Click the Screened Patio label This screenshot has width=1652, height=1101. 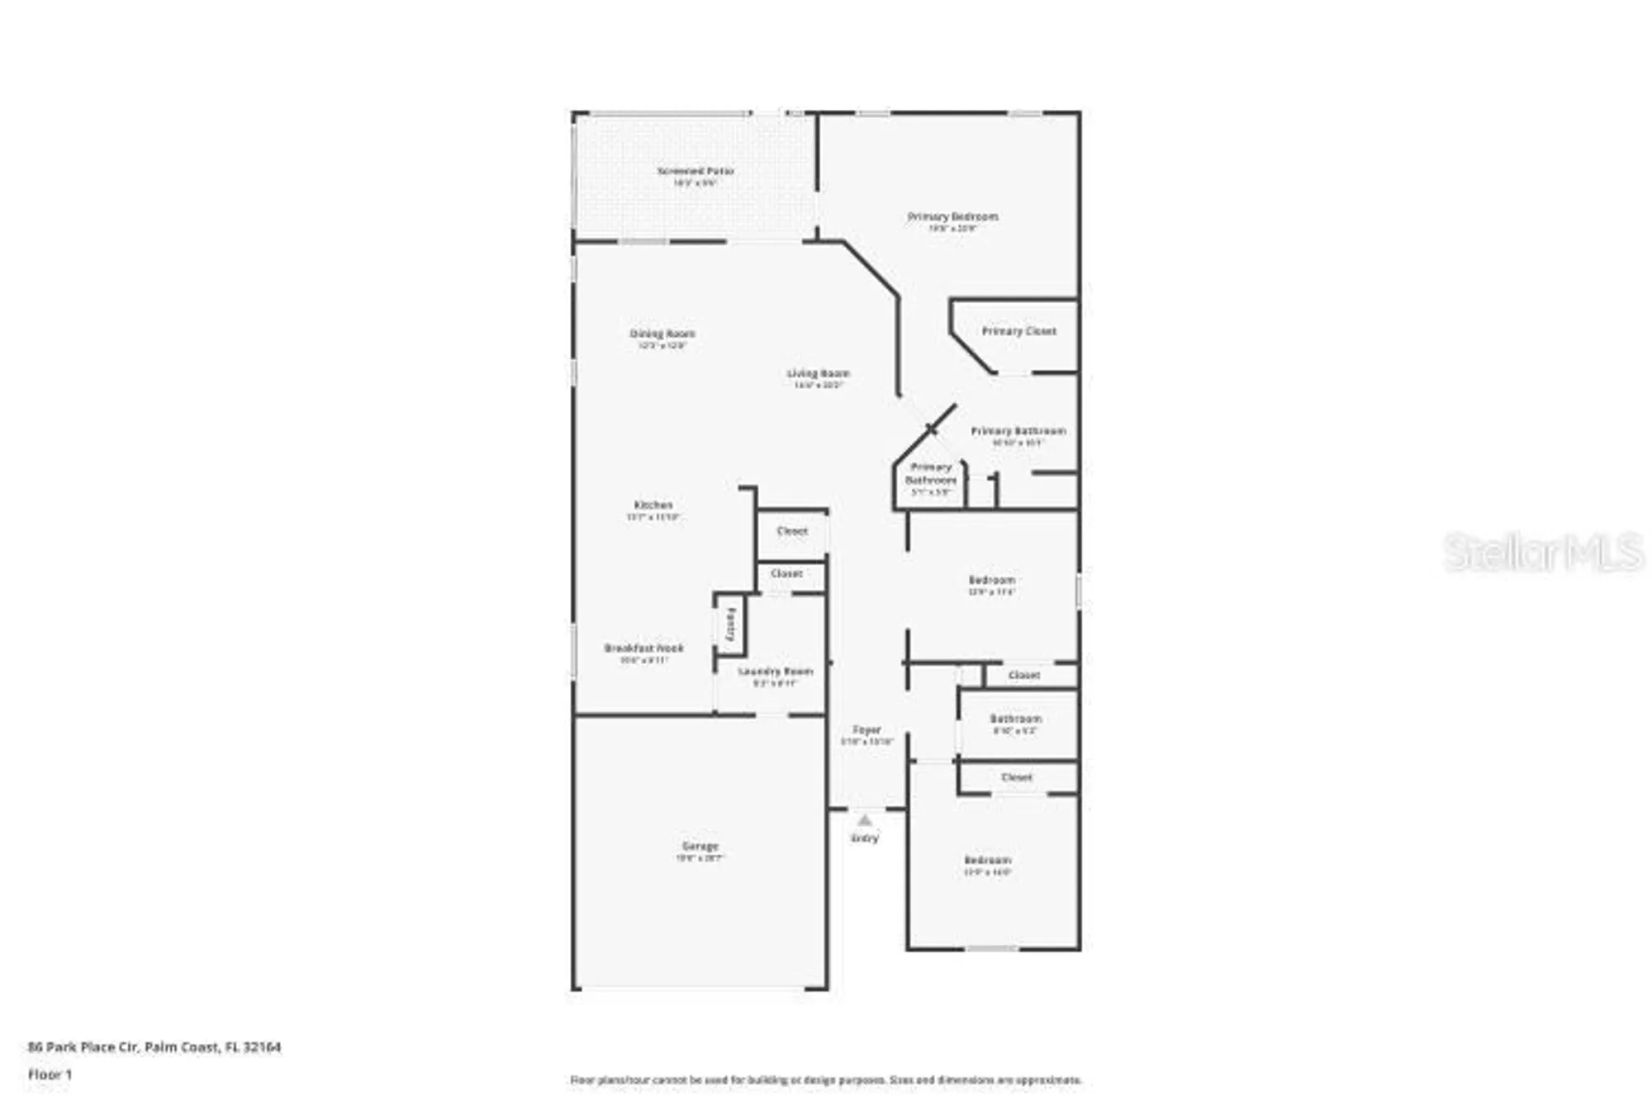695,171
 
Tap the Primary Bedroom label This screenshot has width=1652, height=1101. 952,216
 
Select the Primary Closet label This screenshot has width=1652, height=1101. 1018,331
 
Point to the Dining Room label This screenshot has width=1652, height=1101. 662,334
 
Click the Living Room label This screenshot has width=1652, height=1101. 818,374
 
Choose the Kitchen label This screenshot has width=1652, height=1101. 653,505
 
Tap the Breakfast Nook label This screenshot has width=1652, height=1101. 643,648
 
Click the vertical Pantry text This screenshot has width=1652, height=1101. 730,625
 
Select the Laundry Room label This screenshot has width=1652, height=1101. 775,672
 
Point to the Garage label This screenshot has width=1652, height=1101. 700,847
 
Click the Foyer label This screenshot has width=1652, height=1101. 866,730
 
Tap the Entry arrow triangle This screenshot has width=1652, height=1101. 864,821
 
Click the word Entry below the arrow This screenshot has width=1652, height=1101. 864,838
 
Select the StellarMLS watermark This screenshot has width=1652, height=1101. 1543,553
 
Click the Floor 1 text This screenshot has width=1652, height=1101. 50,1075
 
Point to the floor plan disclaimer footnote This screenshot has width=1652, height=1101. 825,1080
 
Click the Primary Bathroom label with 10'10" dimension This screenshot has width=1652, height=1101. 1018,431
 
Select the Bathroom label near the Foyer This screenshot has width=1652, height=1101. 1015,719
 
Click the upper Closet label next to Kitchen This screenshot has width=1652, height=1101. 792,531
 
